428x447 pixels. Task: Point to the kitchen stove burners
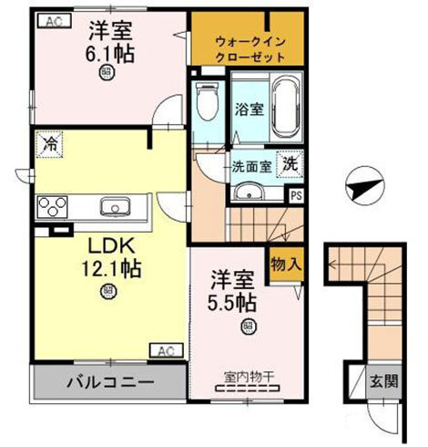tap(54, 206)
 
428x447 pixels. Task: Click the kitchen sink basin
tap(114, 204)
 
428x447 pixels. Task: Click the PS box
tap(295, 193)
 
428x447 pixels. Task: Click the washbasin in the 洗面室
tap(246, 193)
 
